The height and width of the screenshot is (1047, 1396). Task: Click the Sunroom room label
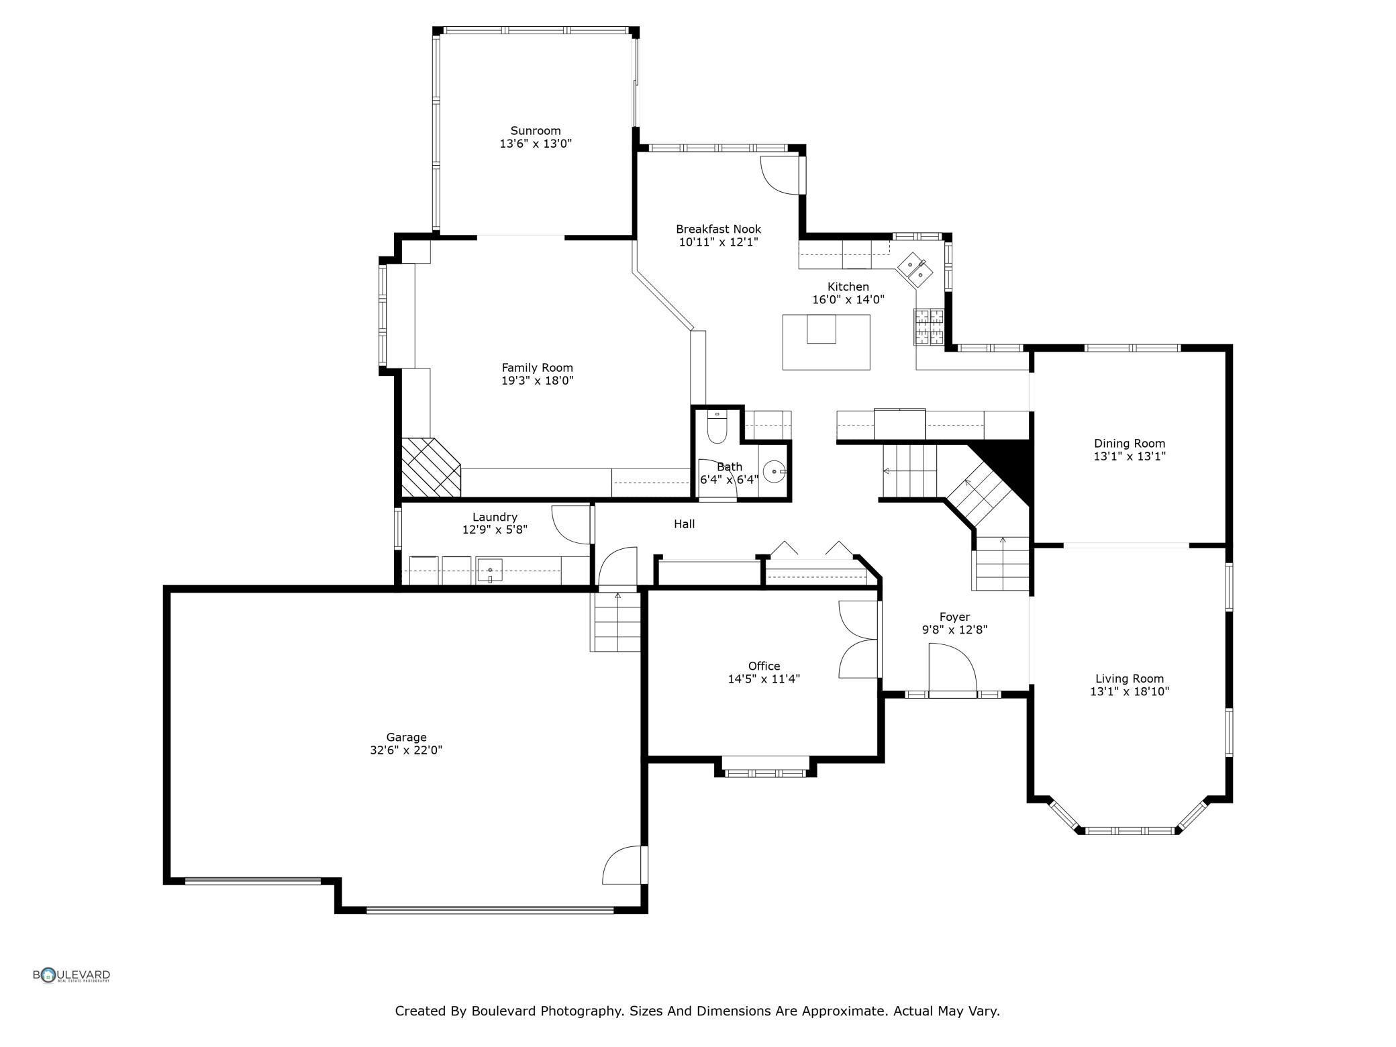coord(535,131)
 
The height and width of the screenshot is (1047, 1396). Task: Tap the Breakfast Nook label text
coord(718,230)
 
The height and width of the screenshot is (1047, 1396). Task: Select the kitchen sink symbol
coord(915,269)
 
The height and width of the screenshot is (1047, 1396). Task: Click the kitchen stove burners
coord(929,327)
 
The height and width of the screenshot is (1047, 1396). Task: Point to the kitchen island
coord(826,342)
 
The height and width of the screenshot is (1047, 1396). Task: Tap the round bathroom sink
coord(775,472)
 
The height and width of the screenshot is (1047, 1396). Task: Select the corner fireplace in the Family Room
coord(431,468)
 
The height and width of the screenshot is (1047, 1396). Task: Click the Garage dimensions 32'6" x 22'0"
coord(406,750)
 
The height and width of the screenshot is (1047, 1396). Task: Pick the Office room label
coord(764,666)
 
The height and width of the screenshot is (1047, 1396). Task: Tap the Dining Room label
coord(1130,444)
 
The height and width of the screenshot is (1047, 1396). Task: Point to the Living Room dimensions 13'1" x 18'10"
coord(1130,691)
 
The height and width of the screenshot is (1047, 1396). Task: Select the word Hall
coord(685,524)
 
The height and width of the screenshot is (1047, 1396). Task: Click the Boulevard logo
coord(72,975)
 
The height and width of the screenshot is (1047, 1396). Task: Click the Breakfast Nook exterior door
coord(780,175)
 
